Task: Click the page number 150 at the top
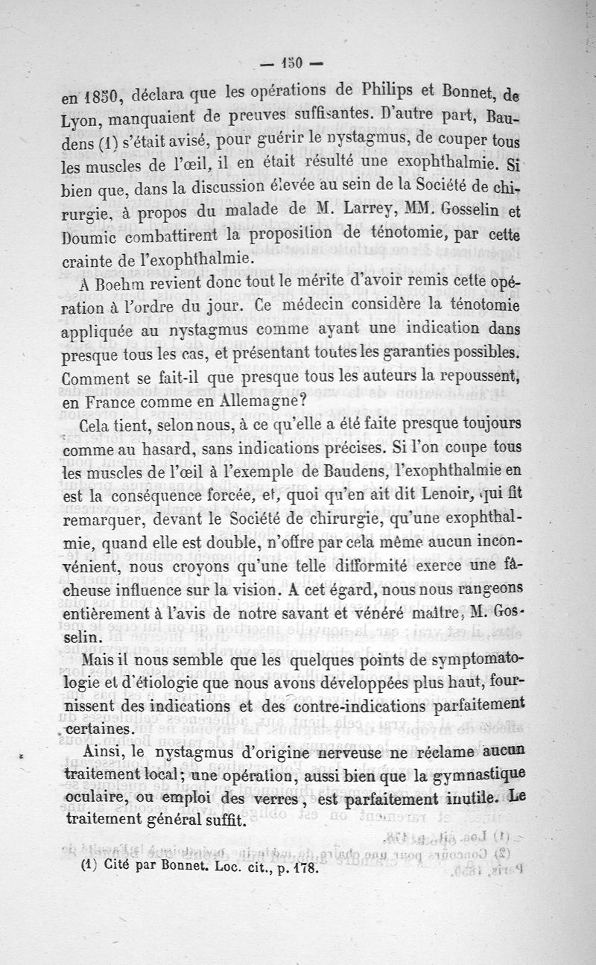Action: [x=291, y=64]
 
